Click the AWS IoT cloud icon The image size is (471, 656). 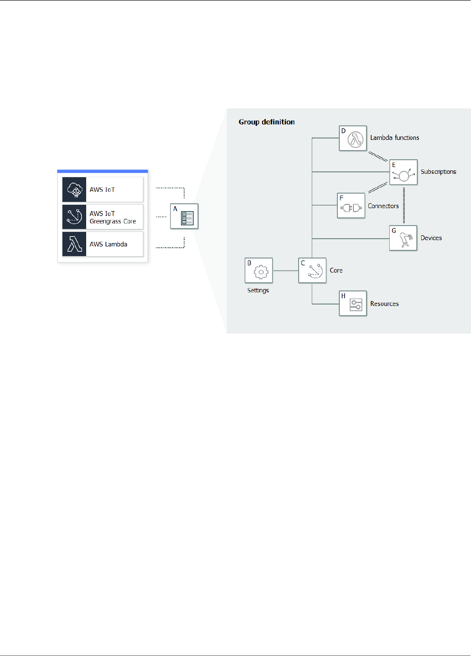click(x=74, y=189)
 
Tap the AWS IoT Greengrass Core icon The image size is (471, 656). click(x=74, y=217)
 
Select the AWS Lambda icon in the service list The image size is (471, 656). click(x=74, y=244)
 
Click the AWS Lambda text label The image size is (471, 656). click(x=108, y=244)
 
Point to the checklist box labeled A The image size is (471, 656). click(x=184, y=216)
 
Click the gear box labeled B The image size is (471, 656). click(x=259, y=270)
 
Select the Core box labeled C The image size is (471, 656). click(x=312, y=270)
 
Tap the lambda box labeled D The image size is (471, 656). click(x=353, y=138)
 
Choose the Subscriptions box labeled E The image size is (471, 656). click(x=403, y=172)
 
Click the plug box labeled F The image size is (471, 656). click(x=351, y=206)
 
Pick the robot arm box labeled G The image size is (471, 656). click(x=403, y=238)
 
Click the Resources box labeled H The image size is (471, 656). click(x=353, y=304)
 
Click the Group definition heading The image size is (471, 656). click(x=267, y=122)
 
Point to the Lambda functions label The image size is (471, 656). click(x=395, y=138)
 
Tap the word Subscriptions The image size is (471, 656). click(x=438, y=172)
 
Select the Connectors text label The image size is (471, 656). click(x=383, y=206)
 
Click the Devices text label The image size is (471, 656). click(x=431, y=238)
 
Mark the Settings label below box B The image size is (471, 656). click(x=258, y=290)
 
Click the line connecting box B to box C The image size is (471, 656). click(x=286, y=271)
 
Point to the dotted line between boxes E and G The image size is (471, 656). click(x=404, y=205)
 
